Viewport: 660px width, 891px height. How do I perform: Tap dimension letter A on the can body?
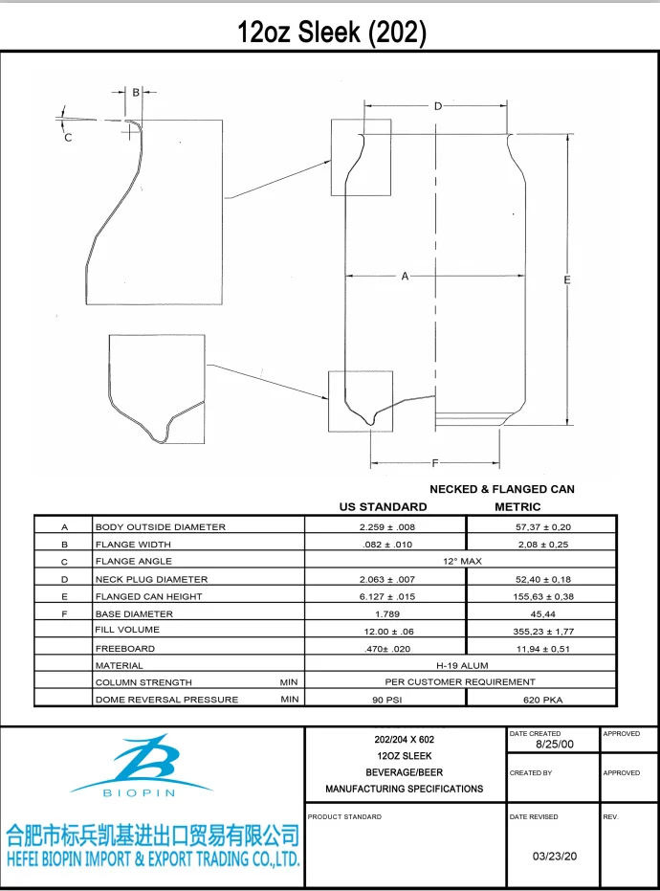pyautogui.click(x=405, y=277)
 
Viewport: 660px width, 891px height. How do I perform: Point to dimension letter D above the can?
pyautogui.click(x=437, y=106)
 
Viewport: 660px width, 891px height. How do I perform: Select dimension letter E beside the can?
pyautogui.click(x=567, y=279)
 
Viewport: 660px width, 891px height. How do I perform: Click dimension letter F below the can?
pyautogui.click(x=435, y=463)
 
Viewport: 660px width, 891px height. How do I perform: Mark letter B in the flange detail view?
pyautogui.click(x=136, y=93)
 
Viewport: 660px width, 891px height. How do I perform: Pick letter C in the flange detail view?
pyautogui.click(x=68, y=138)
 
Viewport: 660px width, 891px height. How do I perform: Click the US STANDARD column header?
pyautogui.click(x=384, y=506)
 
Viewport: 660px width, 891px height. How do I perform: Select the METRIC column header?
pyautogui.click(x=517, y=506)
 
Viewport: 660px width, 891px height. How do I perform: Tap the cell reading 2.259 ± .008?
pyautogui.click(x=386, y=527)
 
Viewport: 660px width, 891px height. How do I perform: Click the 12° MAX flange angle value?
pyautogui.click(x=462, y=561)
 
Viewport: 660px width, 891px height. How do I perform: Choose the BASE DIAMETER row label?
pyautogui.click(x=134, y=613)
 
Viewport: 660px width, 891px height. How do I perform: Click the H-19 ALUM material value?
pyautogui.click(x=462, y=665)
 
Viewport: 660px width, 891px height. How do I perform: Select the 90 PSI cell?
pyautogui.click(x=386, y=700)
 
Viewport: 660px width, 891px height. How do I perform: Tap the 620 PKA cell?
pyautogui.click(x=541, y=700)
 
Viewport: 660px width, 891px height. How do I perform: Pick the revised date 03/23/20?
pyautogui.click(x=555, y=857)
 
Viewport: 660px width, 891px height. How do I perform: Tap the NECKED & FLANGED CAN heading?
pyautogui.click(x=501, y=489)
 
